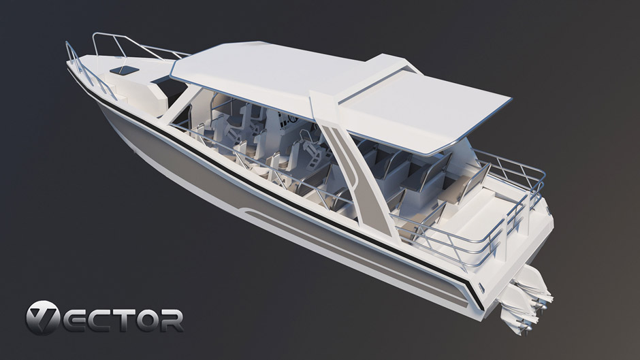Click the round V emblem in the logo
(x=44, y=318)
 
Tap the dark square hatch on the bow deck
(x=125, y=70)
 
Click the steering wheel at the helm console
(x=292, y=118)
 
